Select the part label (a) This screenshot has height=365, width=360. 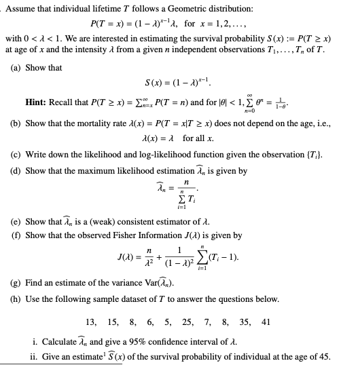pos(18,68)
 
